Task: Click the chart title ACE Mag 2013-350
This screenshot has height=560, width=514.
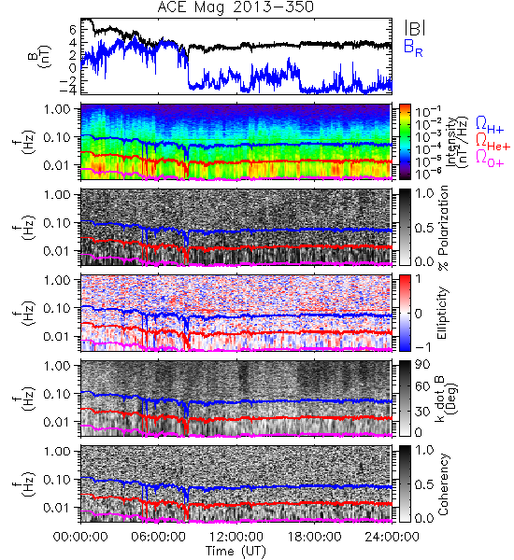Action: [x=236, y=7]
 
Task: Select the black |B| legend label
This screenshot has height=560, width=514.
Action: [x=415, y=28]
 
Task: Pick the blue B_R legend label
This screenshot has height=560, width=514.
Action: [x=413, y=48]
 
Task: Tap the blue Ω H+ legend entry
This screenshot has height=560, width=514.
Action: [x=490, y=125]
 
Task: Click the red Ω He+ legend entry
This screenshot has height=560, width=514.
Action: [x=493, y=142]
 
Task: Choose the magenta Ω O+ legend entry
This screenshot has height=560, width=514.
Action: [x=490, y=159]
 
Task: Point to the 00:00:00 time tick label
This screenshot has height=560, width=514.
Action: [x=80, y=537]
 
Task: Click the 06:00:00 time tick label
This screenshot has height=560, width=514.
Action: [x=159, y=537]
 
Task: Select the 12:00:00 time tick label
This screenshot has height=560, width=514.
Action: [x=236, y=537]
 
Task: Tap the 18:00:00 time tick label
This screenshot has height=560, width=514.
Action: [x=314, y=537]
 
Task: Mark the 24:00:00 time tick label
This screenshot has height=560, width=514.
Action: [x=392, y=537]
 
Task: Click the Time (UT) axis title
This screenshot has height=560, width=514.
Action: [x=236, y=551]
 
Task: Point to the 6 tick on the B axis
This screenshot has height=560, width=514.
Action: [x=73, y=30]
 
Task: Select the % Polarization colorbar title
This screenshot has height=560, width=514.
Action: [x=443, y=228]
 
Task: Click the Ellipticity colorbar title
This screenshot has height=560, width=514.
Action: [x=442, y=314]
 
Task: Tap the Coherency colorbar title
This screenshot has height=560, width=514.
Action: [x=443, y=484]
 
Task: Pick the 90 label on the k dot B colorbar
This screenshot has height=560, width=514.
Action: [x=422, y=365]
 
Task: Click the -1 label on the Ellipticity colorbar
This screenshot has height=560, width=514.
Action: [x=422, y=347]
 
